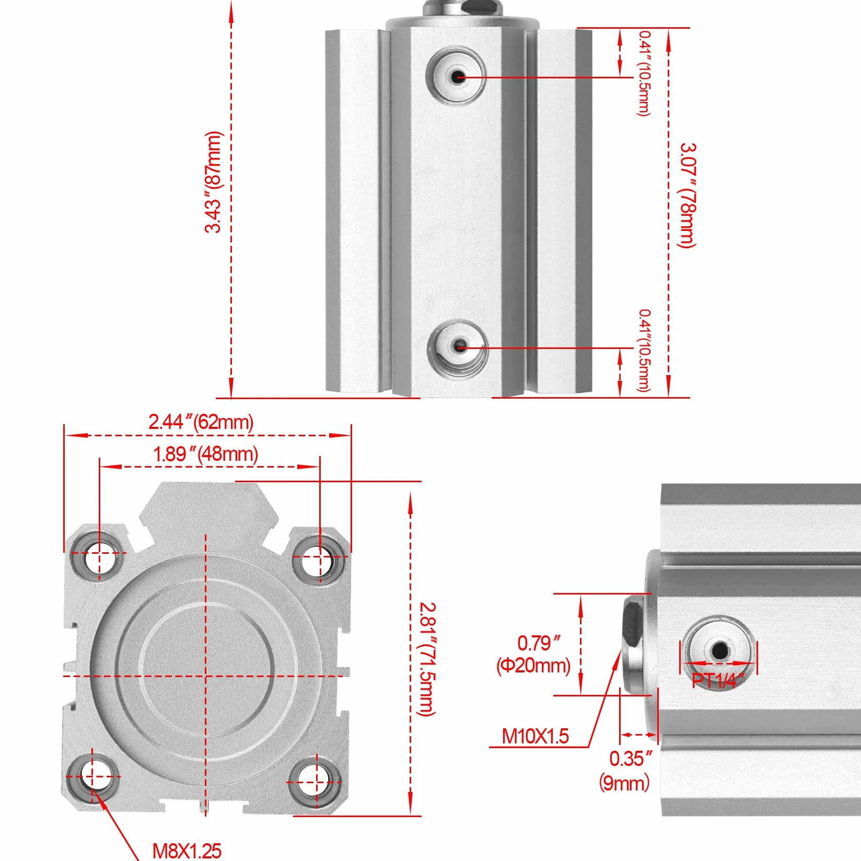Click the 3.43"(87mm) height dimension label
point(214,182)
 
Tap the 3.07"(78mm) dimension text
point(688,195)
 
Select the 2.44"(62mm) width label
point(201,422)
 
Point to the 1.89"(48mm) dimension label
point(205,453)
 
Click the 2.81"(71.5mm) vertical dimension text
point(427,659)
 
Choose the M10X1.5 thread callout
point(535,736)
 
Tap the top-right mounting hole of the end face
point(320,557)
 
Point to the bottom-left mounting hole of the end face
point(93,777)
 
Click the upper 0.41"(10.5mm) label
point(644,73)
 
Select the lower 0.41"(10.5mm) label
point(644,350)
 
